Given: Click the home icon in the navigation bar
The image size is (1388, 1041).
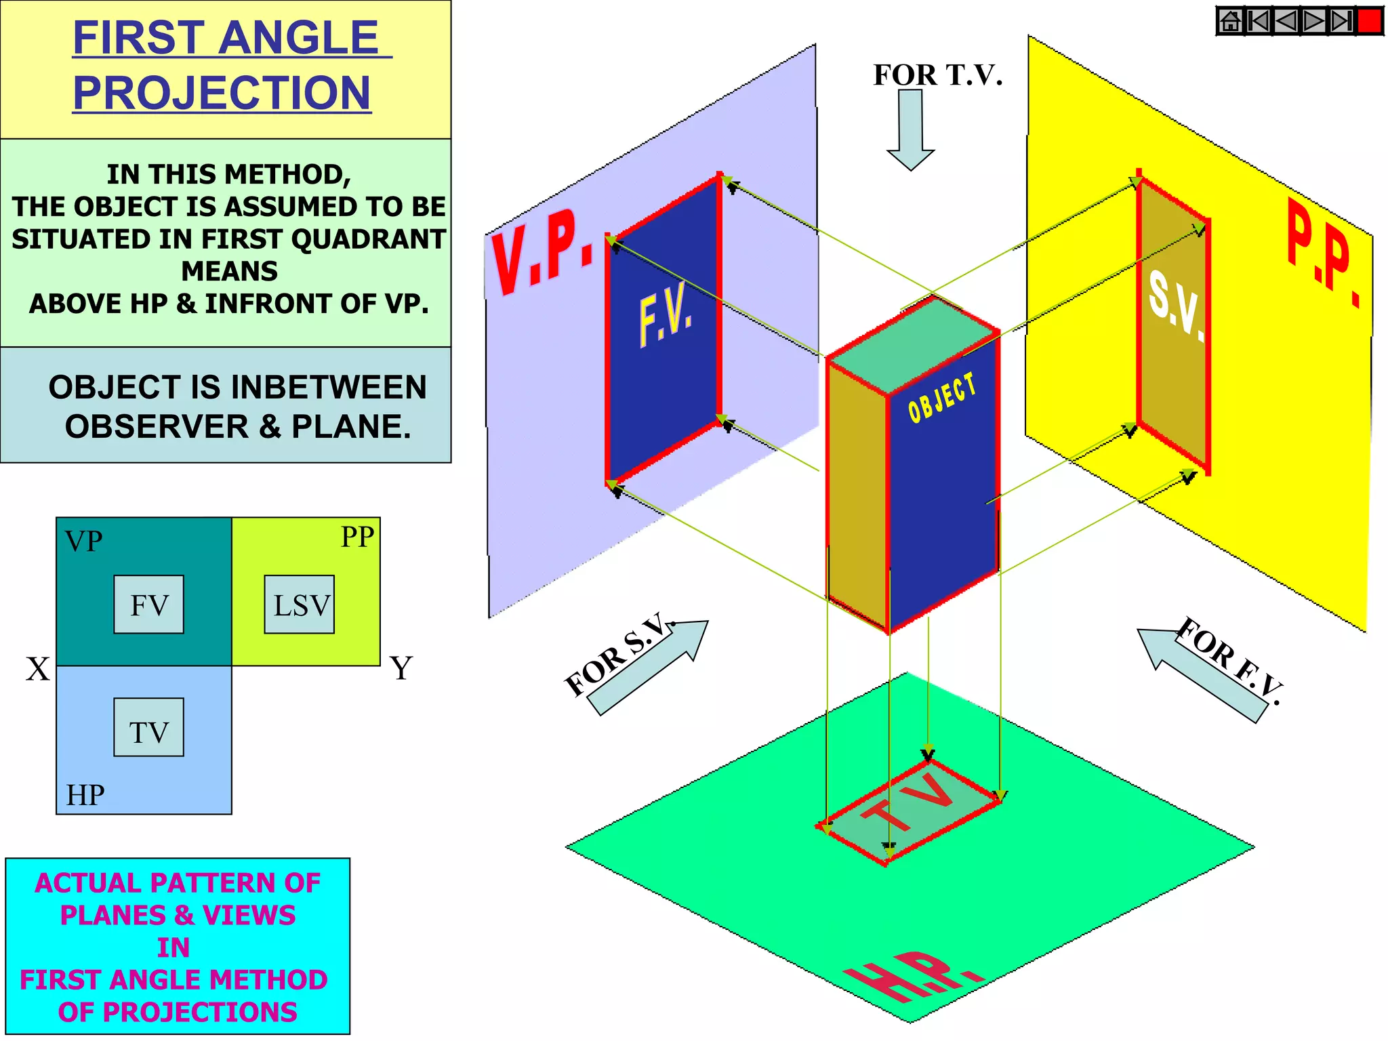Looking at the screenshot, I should click(1231, 21).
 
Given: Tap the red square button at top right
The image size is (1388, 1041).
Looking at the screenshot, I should click(1370, 21).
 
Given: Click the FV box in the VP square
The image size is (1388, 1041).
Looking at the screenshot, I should click(148, 605).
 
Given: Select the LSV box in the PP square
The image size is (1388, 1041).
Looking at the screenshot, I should click(300, 605).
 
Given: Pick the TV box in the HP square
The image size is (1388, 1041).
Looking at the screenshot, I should click(148, 727).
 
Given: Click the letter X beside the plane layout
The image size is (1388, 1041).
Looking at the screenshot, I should click(38, 669).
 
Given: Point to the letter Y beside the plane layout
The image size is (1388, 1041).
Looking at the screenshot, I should click(401, 668).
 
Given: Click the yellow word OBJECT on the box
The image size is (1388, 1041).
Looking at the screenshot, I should click(942, 399).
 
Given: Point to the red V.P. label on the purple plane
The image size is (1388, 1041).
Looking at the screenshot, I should click(542, 251).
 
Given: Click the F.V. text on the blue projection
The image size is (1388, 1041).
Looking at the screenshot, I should click(666, 316).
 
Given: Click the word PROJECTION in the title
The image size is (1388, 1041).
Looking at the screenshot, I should click(222, 92).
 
